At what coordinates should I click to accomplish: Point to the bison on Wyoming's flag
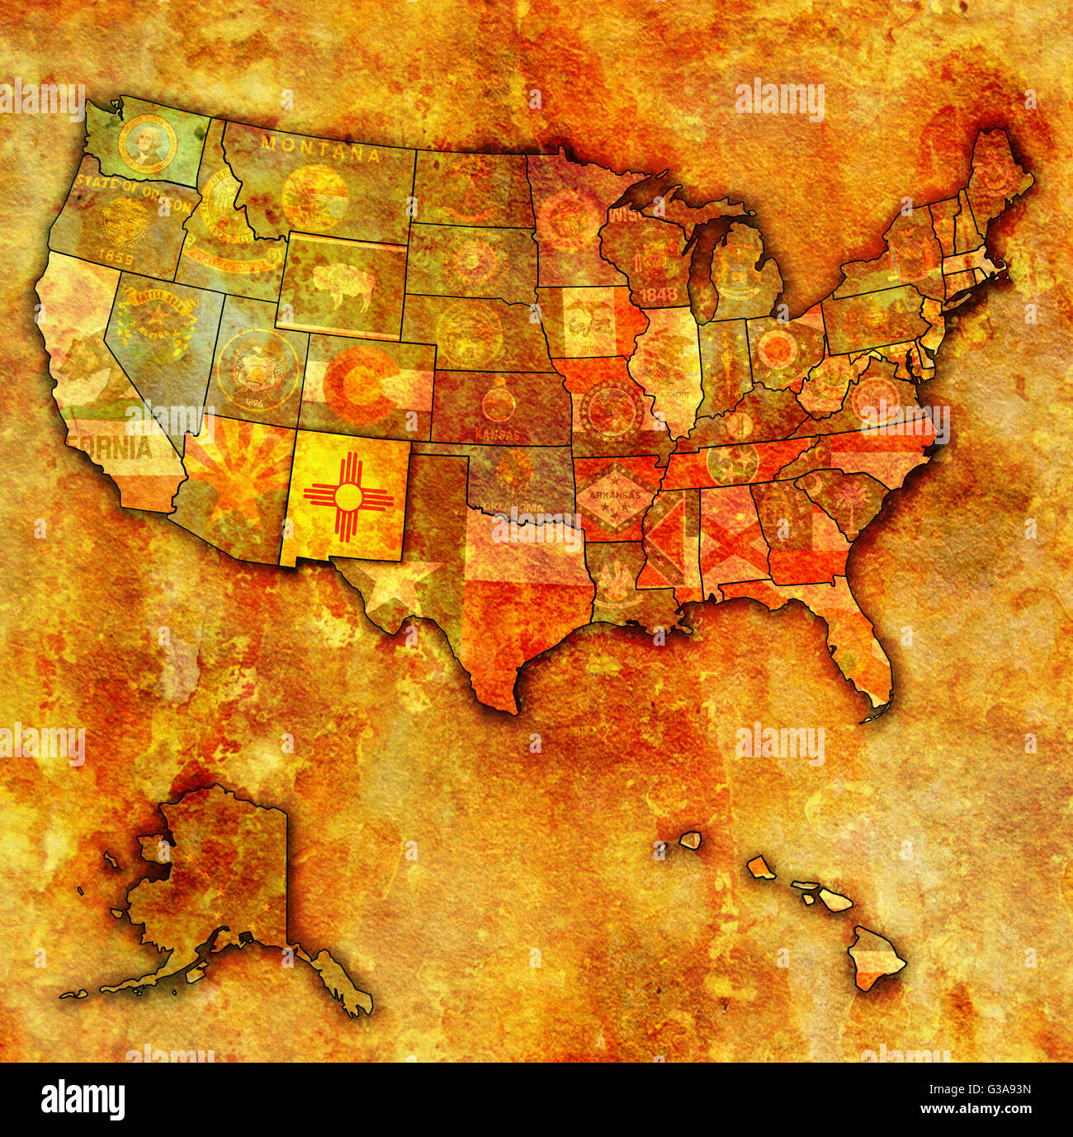[x=341, y=285]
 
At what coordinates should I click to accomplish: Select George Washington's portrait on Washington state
[x=147, y=144]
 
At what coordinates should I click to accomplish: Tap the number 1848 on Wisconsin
[x=658, y=293]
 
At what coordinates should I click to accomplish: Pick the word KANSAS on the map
[x=497, y=433]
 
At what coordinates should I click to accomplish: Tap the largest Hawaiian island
[x=877, y=958]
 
